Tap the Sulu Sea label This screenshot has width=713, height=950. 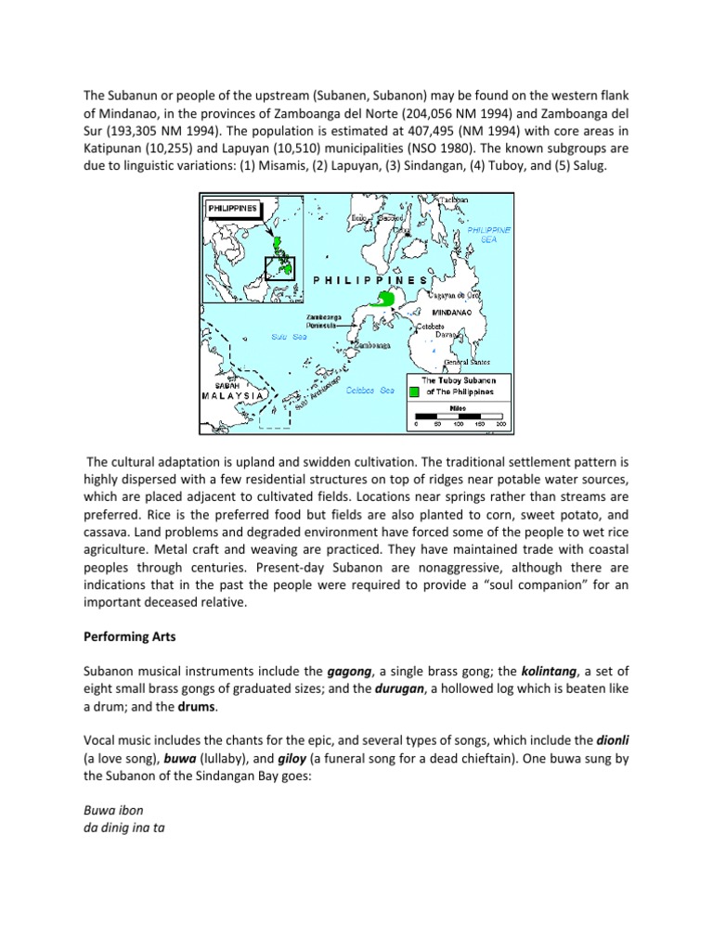tap(287, 338)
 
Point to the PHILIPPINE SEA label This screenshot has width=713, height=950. tap(489, 234)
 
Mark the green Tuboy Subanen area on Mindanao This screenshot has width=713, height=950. tap(381, 300)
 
